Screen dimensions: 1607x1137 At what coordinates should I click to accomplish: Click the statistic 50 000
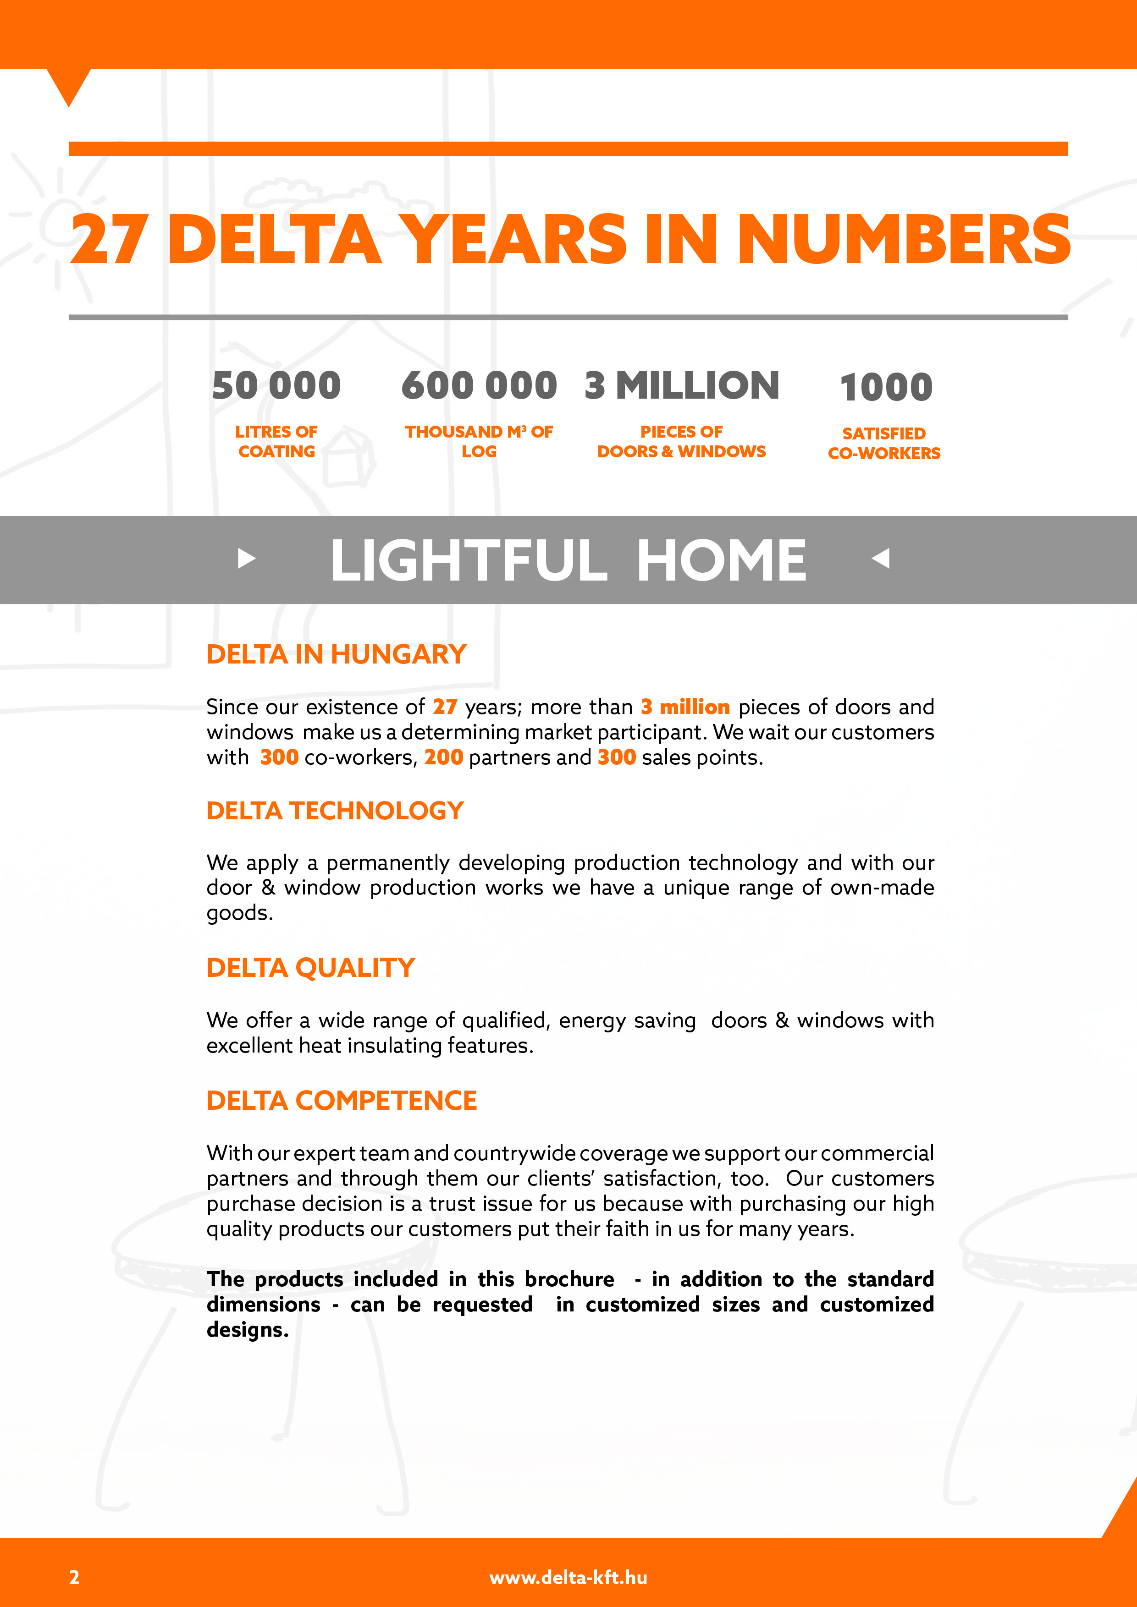(276, 386)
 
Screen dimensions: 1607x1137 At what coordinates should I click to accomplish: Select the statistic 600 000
(479, 386)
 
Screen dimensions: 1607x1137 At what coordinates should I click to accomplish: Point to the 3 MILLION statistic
(681, 386)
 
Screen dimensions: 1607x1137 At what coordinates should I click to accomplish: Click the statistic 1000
(886, 387)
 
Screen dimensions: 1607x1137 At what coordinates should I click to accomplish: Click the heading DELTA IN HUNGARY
(336, 654)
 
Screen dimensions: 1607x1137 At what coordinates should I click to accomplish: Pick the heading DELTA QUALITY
(310, 967)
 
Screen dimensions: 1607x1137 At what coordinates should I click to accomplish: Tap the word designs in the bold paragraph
(247, 1329)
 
